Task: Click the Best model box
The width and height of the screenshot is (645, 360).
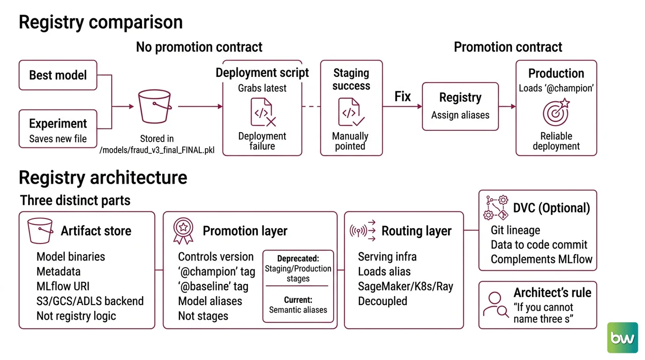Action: pyautogui.click(x=58, y=75)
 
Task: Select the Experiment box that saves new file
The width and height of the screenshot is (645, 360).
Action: pyautogui.click(x=58, y=129)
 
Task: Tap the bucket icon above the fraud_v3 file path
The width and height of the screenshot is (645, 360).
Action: pyautogui.click(x=155, y=106)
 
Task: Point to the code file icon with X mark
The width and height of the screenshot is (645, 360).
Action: pyautogui.click(x=263, y=112)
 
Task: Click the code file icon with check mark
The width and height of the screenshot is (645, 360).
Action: pyautogui.click(x=351, y=112)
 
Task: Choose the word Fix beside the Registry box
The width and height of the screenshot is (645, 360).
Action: pyautogui.click(x=402, y=97)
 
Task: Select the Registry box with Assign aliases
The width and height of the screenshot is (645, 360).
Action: pyautogui.click(x=460, y=106)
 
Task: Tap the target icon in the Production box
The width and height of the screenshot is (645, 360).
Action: pyautogui.click(x=556, y=112)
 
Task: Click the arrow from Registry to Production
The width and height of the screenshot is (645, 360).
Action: pyautogui.click(x=507, y=106)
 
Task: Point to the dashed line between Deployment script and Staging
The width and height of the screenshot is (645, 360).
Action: pyautogui.click(x=311, y=106)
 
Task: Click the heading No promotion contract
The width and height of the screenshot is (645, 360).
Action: pyautogui.click(x=199, y=47)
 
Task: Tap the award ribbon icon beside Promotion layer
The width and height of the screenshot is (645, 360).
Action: pyautogui.click(x=183, y=231)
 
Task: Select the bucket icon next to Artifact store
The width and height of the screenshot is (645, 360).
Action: pyautogui.click(x=40, y=231)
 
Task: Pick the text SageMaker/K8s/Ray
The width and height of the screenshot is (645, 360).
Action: pyautogui.click(x=405, y=286)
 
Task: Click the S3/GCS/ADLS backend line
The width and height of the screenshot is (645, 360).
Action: pyautogui.click(x=90, y=301)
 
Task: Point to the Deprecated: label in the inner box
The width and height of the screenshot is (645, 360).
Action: pyautogui.click(x=298, y=258)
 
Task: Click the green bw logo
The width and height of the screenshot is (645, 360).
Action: pyautogui.click(x=622, y=337)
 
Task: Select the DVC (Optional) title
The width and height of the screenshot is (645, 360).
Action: pyautogui.click(x=551, y=208)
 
